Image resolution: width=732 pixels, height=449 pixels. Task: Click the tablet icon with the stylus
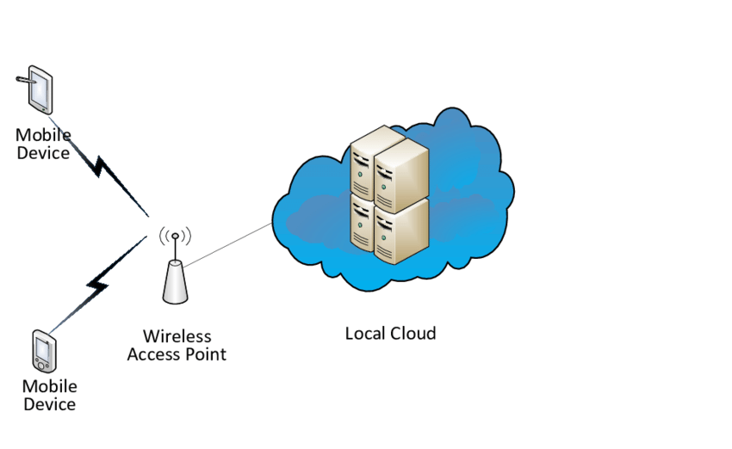[40, 89]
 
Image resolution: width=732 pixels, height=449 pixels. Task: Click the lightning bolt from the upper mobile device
[107, 172]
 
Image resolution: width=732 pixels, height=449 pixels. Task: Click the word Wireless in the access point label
[177, 336]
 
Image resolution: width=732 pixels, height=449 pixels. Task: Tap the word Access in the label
[155, 354]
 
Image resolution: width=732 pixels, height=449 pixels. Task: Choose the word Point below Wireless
[207, 354]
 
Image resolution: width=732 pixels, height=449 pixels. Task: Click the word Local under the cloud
[365, 334]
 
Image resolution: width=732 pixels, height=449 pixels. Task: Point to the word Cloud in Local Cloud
[413, 334]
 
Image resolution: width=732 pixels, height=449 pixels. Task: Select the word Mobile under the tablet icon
[43, 136]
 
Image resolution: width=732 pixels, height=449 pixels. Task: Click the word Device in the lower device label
[49, 404]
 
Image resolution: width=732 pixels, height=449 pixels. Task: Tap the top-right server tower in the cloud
[401, 175]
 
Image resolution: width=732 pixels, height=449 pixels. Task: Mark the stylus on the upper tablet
[28, 80]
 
